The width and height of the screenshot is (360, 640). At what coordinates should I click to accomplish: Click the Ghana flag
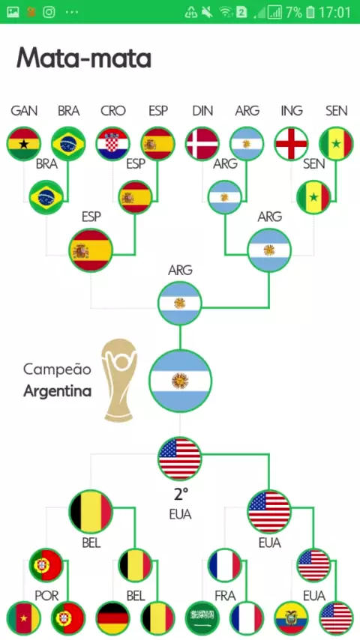pos(24,144)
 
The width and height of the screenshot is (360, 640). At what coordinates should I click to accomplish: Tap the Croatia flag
pos(112,144)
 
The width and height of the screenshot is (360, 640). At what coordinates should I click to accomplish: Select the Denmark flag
pos(202,144)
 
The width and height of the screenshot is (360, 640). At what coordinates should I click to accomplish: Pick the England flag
pos(291,144)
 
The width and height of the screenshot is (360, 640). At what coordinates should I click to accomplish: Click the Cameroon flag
pos(24,618)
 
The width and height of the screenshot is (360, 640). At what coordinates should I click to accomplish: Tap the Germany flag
pos(112,618)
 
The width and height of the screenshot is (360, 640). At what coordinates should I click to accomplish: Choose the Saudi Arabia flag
pos(202,618)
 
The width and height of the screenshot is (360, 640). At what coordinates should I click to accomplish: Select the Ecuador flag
pos(291,618)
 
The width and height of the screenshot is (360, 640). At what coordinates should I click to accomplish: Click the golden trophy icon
pos(119,381)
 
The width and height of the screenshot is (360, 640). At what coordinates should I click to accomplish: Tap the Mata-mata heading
pos(84,58)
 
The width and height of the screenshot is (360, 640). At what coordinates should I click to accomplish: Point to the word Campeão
pos(57,369)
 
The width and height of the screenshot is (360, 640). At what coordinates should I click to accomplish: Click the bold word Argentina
pos(57,391)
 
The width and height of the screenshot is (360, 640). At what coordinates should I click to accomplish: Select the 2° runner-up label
pos(181,495)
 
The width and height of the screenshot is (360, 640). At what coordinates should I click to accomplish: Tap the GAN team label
pos(24,111)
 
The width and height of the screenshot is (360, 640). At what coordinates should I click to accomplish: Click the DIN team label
pos(202,111)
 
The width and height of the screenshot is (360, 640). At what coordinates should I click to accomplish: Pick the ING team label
pos(291,111)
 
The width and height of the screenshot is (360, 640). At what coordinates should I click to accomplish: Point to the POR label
pos(46,596)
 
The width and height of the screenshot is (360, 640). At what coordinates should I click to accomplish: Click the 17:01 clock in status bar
pos(334,12)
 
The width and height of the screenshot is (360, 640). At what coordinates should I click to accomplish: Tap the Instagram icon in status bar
pos(49,12)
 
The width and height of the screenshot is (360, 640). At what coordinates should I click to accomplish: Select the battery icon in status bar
pos(310,12)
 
